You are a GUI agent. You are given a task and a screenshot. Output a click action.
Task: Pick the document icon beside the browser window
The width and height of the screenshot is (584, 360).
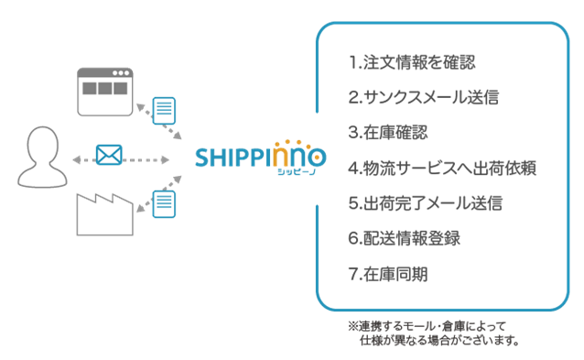(163, 111)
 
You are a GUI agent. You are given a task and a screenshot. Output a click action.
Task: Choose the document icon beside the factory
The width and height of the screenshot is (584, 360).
(163, 202)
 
